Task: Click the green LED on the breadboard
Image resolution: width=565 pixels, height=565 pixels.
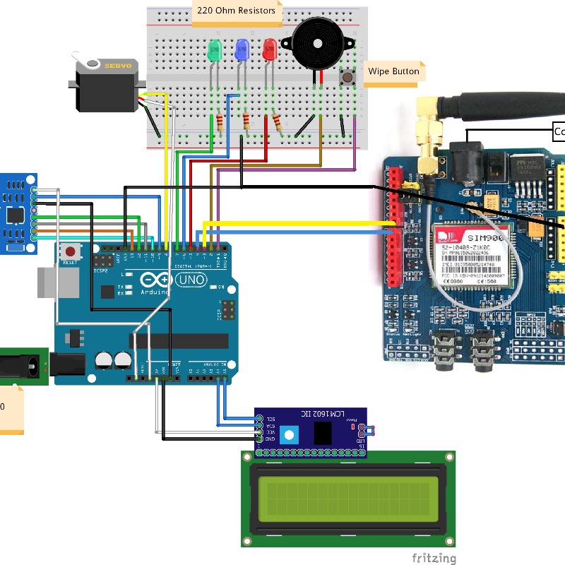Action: tap(215, 50)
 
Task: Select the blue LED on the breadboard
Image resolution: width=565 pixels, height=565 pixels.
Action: tap(242, 49)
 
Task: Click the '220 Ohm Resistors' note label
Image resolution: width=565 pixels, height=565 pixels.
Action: tap(236, 11)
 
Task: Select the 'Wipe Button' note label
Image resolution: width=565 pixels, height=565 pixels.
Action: tap(393, 71)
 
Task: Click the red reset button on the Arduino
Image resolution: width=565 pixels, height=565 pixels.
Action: tap(70, 251)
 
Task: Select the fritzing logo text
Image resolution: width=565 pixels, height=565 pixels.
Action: tap(434, 558)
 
